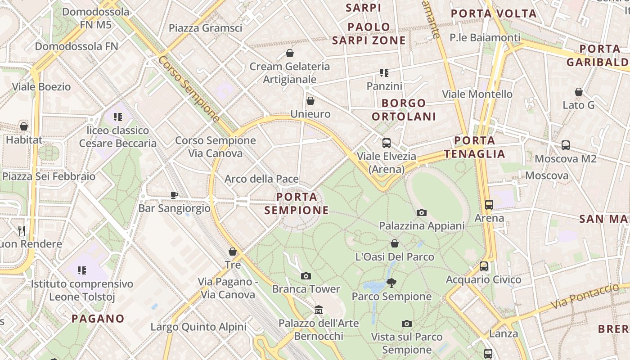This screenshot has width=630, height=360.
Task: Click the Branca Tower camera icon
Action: click(x=306, y=276)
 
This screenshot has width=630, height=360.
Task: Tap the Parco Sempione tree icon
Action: click(x=391, y=283)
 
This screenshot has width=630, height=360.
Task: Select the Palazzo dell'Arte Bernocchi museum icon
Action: click(x=319, y=310)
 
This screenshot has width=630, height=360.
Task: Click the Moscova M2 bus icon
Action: click(x=566, y=145)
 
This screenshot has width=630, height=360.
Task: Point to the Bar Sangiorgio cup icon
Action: click(x=174, y=195)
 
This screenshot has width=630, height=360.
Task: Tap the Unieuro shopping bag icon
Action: click(x=310, y=101)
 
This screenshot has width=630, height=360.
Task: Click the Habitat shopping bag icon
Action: click(x=24, y=126)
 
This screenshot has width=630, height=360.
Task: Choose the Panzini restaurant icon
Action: click(x=384, y=72)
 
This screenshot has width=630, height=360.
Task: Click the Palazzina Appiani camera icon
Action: click(x=422, y=212)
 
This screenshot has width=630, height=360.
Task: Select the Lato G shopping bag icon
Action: click(x=579, y=92)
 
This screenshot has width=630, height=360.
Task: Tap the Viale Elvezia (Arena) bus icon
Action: click(x=386, y=143)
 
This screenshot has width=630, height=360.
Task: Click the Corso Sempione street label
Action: click(x=189, y=90)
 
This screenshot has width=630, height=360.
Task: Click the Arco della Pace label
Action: click(x=261, y=179)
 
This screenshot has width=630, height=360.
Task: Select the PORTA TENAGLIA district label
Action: click(x=475, y=147)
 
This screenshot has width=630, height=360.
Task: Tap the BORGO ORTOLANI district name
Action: click(x=404, y=110)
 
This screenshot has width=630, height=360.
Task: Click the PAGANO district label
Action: click(x=98, y=319)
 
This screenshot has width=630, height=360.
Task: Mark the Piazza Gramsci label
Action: click(x=205, y=28)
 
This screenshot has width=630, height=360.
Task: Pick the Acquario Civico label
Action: click(x=483, y=280)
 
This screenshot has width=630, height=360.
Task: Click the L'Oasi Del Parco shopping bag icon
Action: click(x=395, y=243)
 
